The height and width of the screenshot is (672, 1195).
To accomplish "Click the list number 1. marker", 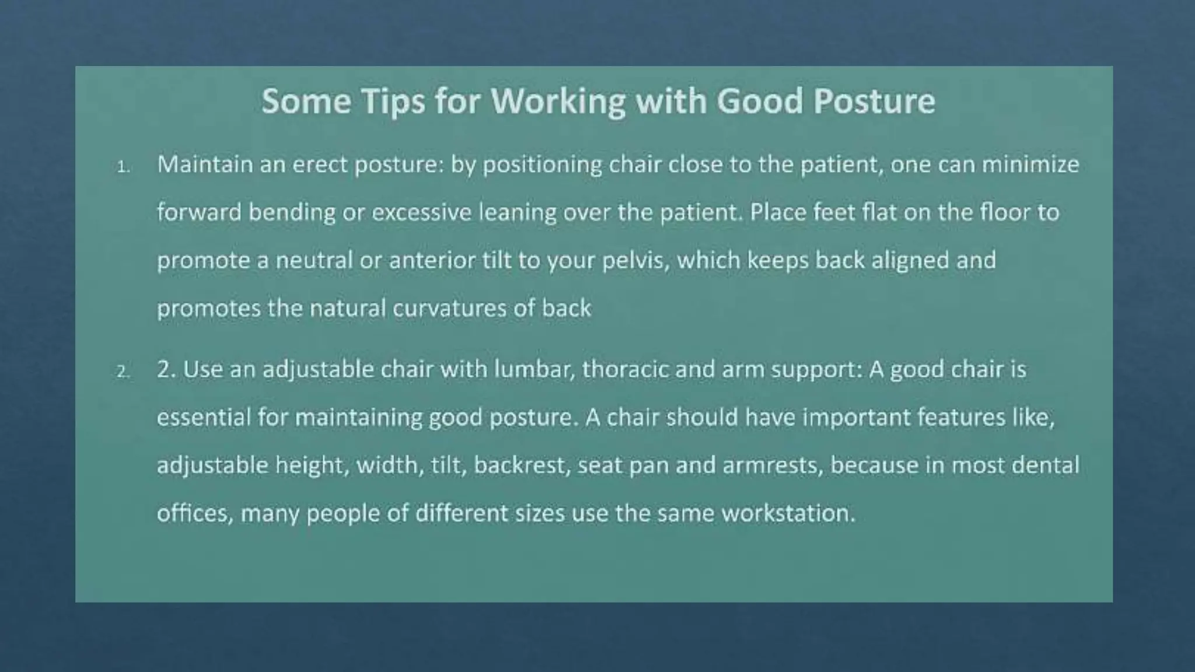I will click(123, 168).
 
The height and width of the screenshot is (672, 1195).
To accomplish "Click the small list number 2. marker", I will click(123, 372).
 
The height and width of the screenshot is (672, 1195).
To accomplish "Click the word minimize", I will click(1030, 164).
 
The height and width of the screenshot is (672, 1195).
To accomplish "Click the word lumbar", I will click(533, 369).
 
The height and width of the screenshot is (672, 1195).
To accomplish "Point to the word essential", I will click(204, 417).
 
